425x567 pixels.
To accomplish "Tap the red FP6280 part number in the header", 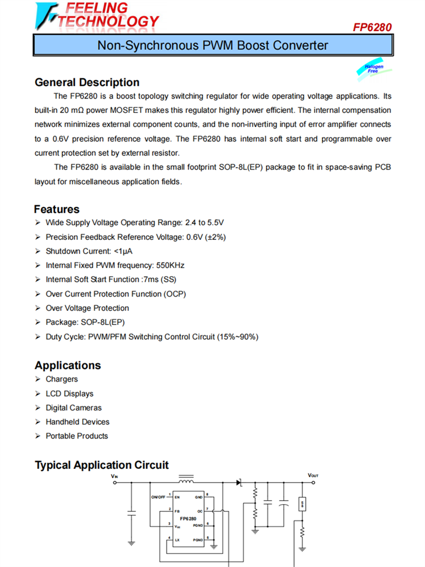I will (x=372, y=27).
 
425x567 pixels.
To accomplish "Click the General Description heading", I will (x=87, y=82).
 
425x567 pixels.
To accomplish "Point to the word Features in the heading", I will (x=57, y=209).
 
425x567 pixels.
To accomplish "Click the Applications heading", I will (x=67, y=365).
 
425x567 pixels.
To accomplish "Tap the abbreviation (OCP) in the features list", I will (x=174, y=294).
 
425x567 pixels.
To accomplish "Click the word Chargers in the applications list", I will (x=62, y=379).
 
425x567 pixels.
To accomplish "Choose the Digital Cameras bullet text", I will (x=74, y=408).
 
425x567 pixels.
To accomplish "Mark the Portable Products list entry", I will (x=76, y=436).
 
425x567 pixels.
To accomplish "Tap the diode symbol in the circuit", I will (x=239, y=483).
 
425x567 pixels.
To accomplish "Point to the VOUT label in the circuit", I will (x=313, y=475).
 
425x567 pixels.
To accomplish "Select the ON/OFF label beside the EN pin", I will (x=158, y=497).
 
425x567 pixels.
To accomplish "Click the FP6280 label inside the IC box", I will (x=188, y=518).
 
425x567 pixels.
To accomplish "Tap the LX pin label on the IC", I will (x=177, y=540).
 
